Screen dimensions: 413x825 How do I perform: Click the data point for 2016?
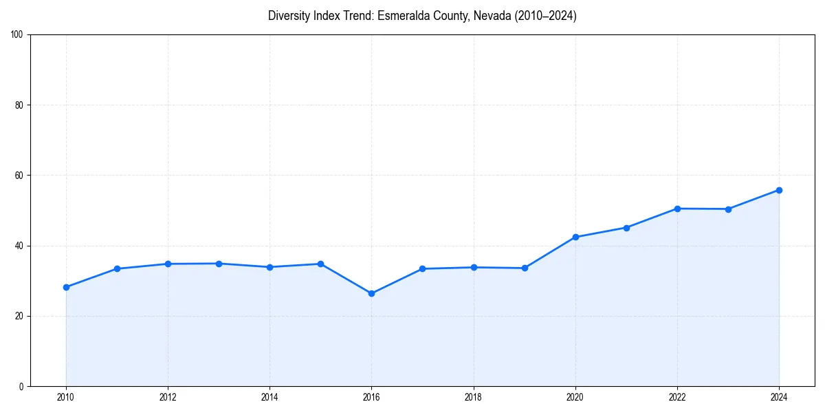coord(371,293)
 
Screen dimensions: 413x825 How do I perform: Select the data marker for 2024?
coord(779,190)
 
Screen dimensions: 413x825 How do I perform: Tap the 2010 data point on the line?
coord(66,287)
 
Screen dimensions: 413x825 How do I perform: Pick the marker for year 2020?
coord(575,237)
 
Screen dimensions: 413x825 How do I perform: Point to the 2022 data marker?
coord(677,209)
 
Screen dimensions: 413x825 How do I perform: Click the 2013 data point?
coord(219,264)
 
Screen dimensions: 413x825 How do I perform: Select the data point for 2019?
coord(525,268)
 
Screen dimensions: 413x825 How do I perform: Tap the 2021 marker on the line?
coord(626,228)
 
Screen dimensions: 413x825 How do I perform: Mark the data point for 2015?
coord(320,264)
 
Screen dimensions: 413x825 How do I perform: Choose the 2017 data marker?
coord(422,268)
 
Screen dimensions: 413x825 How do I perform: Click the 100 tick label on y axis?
coord(17,35)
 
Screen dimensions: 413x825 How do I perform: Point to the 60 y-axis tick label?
coord(19,176)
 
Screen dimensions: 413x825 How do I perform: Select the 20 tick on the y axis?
coord(19,316)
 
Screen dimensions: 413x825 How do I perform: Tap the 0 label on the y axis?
coord(21,386)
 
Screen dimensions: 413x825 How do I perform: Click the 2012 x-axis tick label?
coord(168,397)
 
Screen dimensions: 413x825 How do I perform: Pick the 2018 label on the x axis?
coord(473,397)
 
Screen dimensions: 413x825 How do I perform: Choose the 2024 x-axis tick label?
coord(779,397)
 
